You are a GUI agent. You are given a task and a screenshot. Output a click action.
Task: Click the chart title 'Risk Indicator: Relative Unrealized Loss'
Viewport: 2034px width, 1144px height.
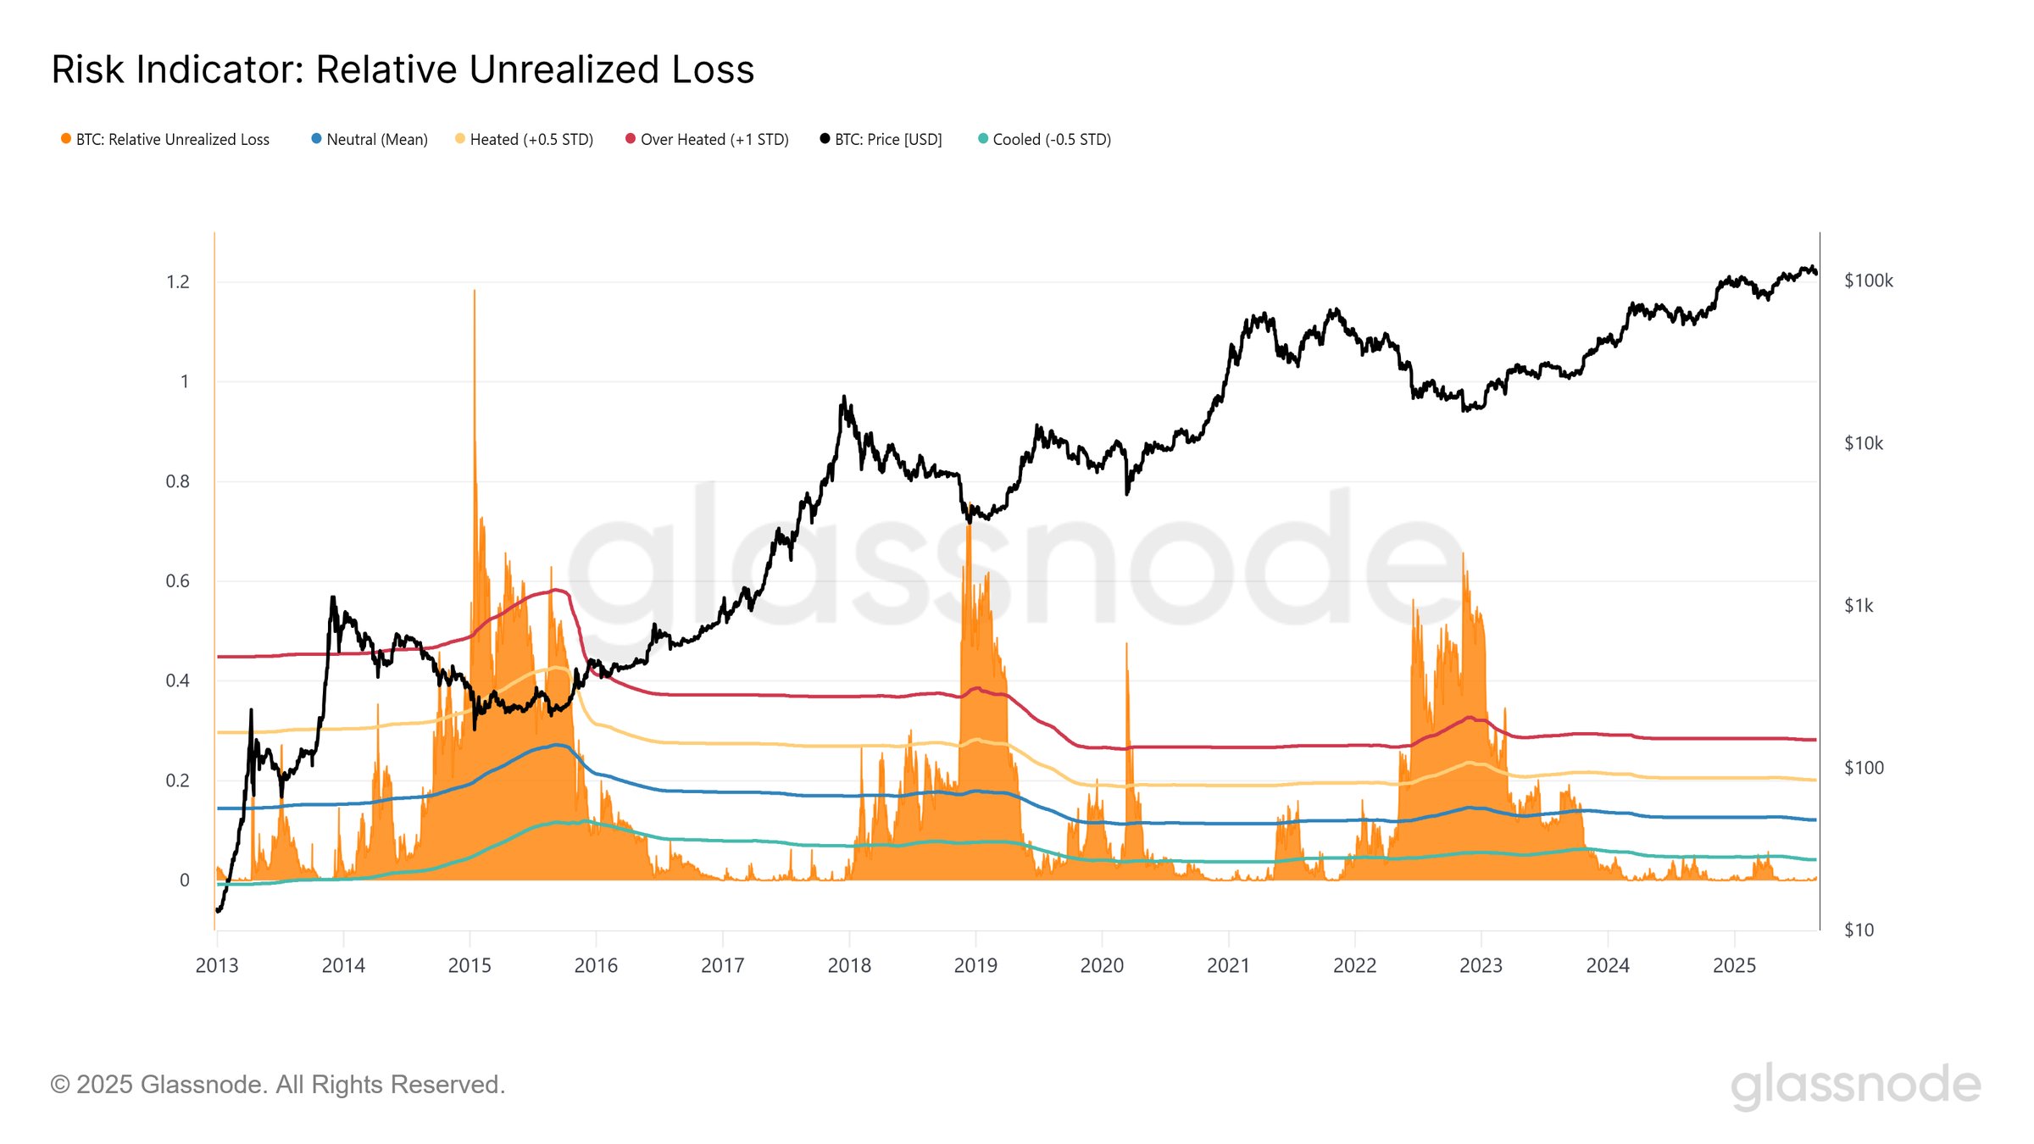pyautogui.click(x=403, y=69)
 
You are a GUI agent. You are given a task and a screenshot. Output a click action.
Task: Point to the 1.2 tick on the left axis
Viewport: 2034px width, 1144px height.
pyautogui.click(x=178, y=282)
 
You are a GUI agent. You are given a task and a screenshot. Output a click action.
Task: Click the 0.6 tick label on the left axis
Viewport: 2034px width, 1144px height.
pyautogui.click(x=178, y=581)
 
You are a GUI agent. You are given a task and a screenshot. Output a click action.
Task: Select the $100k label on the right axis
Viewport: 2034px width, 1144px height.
pyautogui.click(x=1868, y=281)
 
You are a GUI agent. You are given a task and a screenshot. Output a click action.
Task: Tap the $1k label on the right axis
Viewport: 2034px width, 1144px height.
pyautogui.click(x=1859, y=606)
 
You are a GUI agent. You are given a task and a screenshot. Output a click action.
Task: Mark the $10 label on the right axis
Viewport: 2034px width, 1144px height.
pyautogui.click(x=1859, y=930)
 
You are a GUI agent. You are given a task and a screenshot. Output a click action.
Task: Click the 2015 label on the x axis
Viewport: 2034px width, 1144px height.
pyautogui.click(x=470, y=966)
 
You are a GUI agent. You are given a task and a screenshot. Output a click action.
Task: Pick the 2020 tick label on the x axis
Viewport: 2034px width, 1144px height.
pyautogui.click(x=1102, y=966)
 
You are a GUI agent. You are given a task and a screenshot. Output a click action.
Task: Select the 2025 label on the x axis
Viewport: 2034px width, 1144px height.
pyautogui.click(x=1734, y=966)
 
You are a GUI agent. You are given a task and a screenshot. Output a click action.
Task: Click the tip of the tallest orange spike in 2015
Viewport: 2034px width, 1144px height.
pyautogui.click(x=475, y=291)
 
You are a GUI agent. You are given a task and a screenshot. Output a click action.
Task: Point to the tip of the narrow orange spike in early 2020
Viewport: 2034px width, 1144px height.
pyautogui.click(x=1126, y=643)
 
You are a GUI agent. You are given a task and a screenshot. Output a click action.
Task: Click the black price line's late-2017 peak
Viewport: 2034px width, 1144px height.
pyautogui.click(x=844, y=396)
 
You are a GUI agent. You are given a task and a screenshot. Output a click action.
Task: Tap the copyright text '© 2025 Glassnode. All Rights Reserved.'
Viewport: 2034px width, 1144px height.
pyautogui.click(x=278, y=1085)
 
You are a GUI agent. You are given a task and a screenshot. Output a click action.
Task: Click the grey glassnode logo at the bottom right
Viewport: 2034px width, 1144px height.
pyautogui.click(x=1855, y=1086)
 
